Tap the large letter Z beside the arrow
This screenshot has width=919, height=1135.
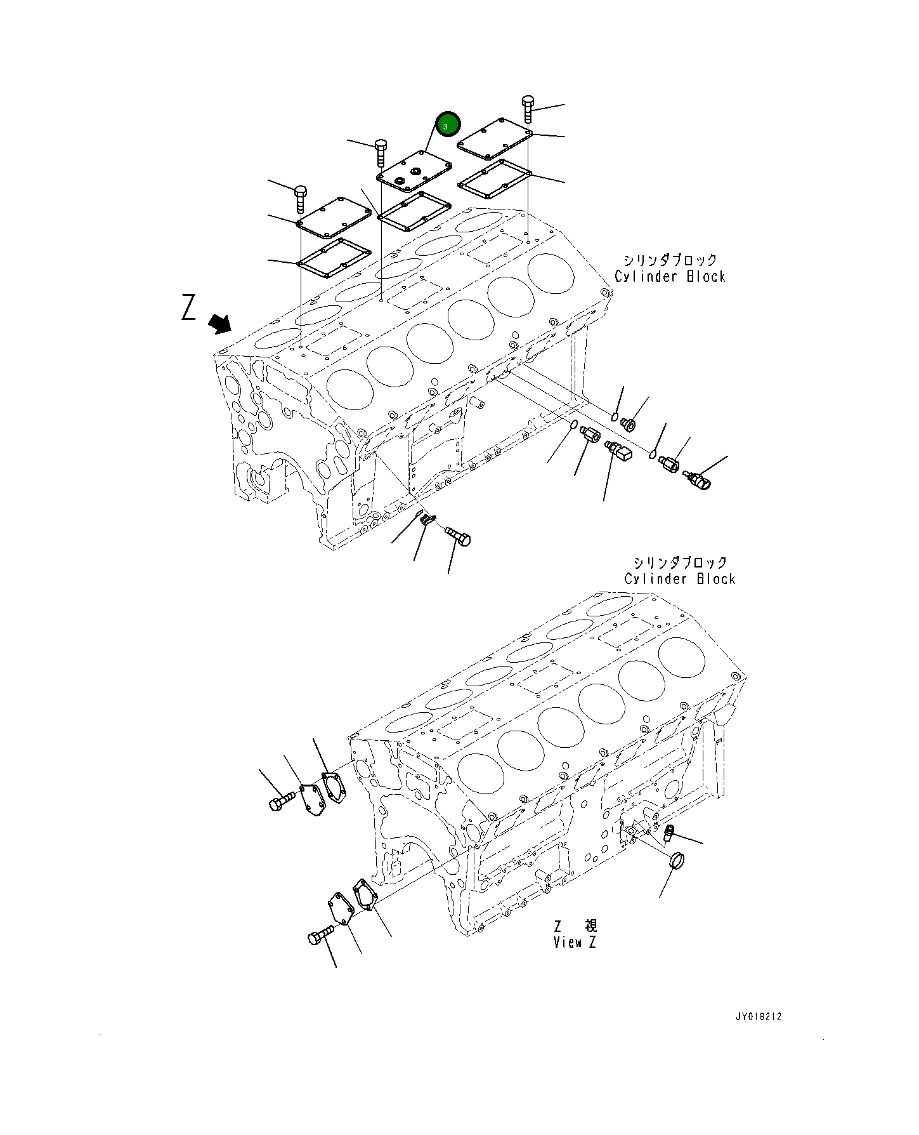188,308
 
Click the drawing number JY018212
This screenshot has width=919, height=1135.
758,1016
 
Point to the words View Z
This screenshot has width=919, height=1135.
575,943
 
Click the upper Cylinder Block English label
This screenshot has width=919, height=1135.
670,277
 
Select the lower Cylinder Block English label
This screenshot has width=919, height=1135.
679,579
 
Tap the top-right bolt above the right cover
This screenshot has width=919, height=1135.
528,109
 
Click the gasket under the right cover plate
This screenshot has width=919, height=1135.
495,179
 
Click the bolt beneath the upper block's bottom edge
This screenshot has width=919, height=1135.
458,537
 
